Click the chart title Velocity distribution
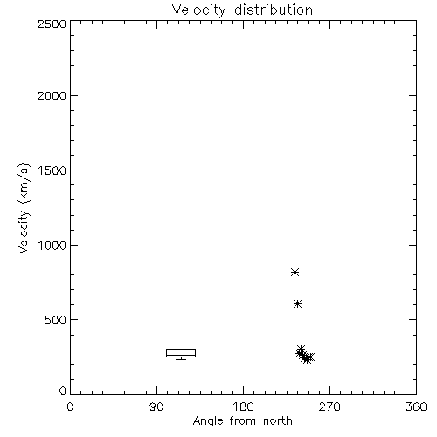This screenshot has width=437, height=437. click(x=242, y=10)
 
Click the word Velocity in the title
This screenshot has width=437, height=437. click(x=198, y=10)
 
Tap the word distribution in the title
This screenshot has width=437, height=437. click(x=274, y=10)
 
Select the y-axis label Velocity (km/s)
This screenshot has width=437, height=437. click(x=24, y=208)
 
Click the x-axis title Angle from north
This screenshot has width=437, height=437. click(x=242, y=421)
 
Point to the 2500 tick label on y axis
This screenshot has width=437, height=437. click(x=52, y=24)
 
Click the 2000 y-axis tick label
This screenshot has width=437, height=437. click(x=52, y=95)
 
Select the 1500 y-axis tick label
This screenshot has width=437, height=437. click(x=52, y=170)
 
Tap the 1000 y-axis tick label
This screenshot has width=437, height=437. click(x=52, y=245)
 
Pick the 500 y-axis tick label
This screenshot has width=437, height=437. click(x=56, y=320)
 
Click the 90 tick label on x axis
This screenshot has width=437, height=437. click(x=156, y=406)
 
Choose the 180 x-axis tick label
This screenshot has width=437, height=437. click(x=243, y=406)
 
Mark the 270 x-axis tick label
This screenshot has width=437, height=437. click(x=329, y=406)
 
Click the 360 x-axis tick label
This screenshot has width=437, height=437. click(x=416, y=406)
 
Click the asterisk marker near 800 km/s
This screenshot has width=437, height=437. click(x=295, y=273)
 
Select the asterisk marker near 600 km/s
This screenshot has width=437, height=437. click(x=297, y=304)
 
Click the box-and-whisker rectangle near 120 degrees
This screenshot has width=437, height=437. click(x=181, y=349)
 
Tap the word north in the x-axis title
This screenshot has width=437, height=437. click(x=278, y=421)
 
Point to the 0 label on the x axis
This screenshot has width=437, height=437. click(x=70, y=406)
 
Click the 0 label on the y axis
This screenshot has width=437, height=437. click(x=63, y=391)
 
